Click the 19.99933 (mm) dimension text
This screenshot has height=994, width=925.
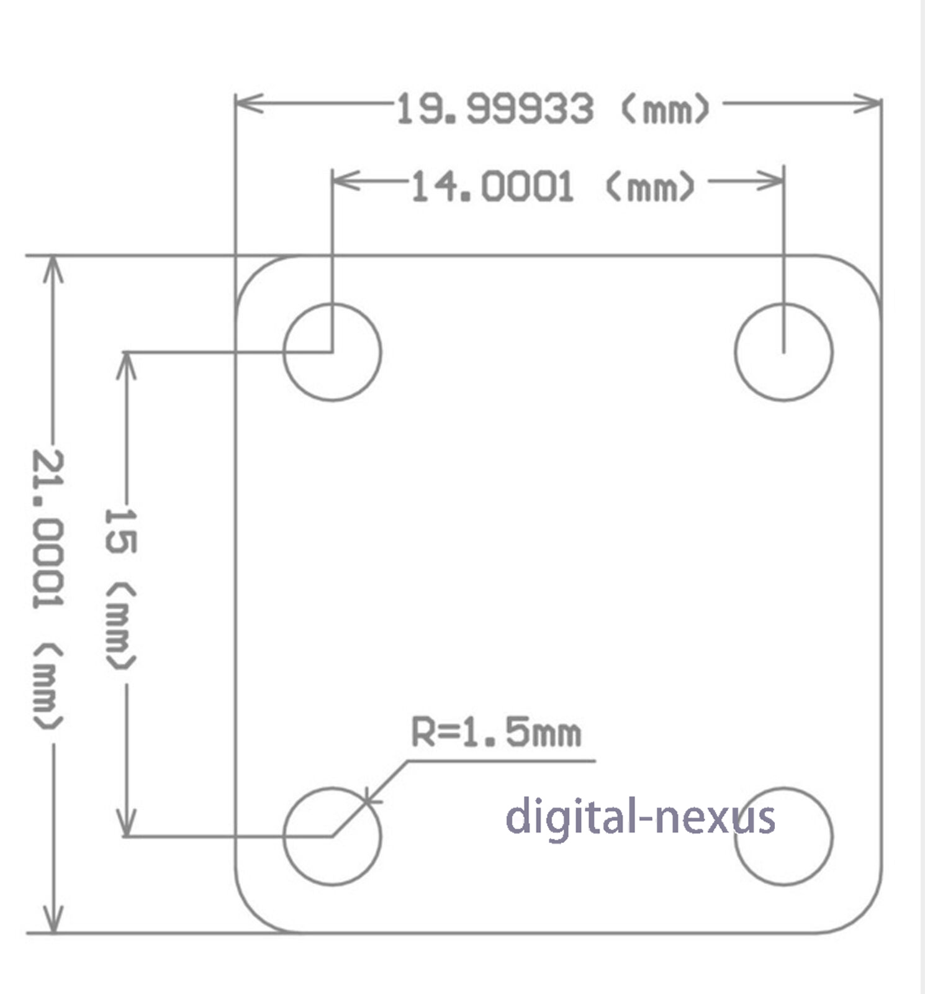(x=553, y=109)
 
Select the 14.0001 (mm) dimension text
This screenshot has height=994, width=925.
(x=553, y=187)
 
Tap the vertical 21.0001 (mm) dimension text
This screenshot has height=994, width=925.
(x=48, y=590)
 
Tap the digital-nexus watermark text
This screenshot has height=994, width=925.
(x=640, y=817)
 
